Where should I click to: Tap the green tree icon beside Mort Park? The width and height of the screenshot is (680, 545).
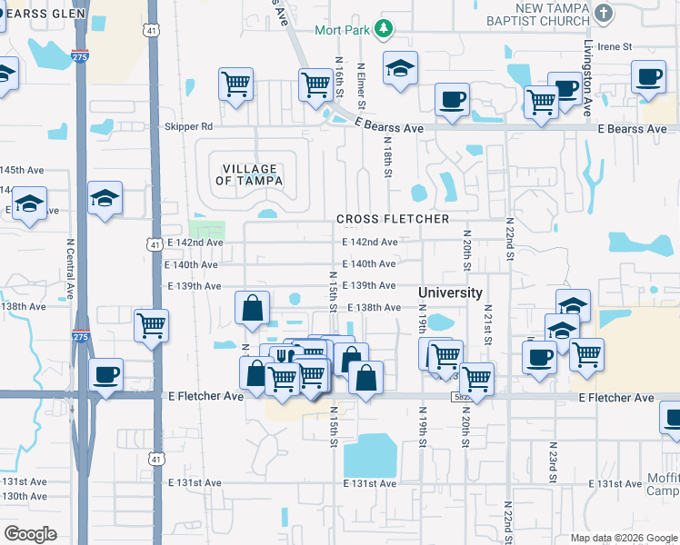(x=384, y=29)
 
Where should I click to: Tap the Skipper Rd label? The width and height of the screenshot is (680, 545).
(x=188, y=126)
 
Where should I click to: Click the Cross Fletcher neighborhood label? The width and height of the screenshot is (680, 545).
(x=393, y=219)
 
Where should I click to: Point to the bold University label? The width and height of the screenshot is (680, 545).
(x=450, y=292)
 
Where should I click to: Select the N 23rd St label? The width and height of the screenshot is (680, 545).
(x=552, y=462)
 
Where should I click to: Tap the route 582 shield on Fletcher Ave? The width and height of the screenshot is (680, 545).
(x=460, y=398)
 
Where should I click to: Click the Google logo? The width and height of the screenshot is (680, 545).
(x=30, y=534)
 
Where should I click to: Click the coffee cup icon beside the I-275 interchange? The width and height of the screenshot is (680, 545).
(x=105, y=374)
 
